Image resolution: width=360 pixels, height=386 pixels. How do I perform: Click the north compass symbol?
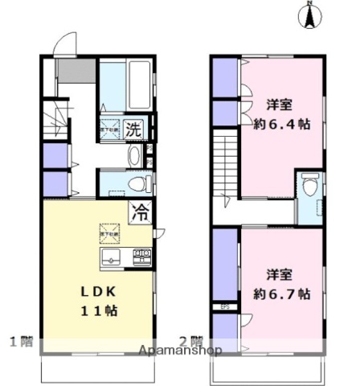[309, 15]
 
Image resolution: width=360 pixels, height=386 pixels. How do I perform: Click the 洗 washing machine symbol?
[135, 128]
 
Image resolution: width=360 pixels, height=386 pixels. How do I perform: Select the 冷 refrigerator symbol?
[139, 213]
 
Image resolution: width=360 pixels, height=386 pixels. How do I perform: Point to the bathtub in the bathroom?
[124, 84]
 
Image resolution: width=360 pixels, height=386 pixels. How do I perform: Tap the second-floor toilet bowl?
[310, 184]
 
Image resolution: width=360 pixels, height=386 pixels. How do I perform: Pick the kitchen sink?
[111, 257]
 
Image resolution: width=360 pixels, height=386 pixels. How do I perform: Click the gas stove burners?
[142, 257]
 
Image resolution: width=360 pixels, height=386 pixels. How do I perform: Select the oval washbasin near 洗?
[134, 154]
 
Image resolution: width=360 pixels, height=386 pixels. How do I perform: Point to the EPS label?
[224, 306]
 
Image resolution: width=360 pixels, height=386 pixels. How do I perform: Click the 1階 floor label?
[21, 340]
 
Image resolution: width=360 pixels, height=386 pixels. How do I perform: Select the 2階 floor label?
[190, 340]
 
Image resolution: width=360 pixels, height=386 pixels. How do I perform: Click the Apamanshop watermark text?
[180, 351]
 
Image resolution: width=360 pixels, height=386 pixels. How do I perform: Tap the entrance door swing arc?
[63, 43]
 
